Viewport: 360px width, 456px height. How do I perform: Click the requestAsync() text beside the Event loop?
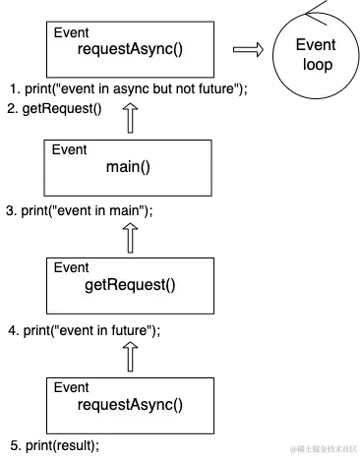[x=131, y=49]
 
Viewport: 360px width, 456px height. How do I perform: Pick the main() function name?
[x=129, y=166]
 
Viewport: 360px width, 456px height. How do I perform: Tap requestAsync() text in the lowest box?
[x=131, y=403]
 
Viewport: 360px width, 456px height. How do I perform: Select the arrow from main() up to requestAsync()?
[x=130, y=117]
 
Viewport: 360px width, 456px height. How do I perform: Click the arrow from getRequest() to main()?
[x=130, y=236]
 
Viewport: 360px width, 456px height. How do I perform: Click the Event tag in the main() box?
[x=70, y=150]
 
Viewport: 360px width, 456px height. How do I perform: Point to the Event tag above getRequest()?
[x=70, y=267]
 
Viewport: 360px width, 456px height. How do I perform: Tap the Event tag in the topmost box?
[x=70, y=32]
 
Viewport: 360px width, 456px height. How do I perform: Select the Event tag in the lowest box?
[x=70, y=386]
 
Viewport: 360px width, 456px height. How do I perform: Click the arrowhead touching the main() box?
[x=130, y=224]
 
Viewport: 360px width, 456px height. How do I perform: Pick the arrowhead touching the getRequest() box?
[x=130, y=342]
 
